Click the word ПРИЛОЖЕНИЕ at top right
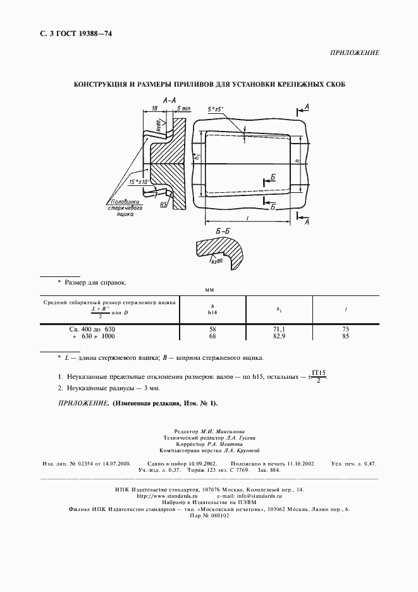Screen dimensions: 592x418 click(355, 53)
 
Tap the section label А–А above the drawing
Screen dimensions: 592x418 click(169, 100)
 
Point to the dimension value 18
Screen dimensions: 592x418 click(154, 108)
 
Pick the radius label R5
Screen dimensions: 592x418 click(163, 204)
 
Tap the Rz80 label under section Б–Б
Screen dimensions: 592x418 click(218, 260)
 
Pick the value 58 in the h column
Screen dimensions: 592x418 click(212, 330)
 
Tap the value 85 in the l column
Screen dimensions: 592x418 click(345, 336)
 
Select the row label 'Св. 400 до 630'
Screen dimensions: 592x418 click(92, 330)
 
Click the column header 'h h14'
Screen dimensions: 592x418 click(212, 309)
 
